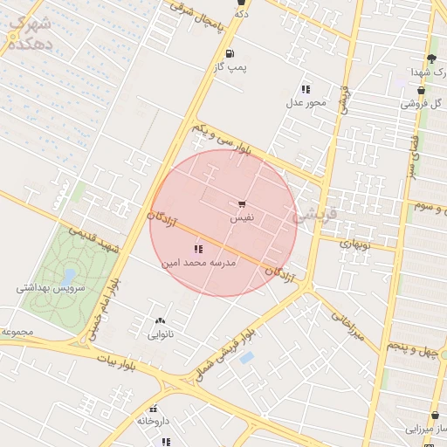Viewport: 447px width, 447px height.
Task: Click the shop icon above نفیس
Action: point(242,204)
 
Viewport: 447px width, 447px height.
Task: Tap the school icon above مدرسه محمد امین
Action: point(198,250)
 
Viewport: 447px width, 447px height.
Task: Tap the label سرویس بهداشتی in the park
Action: point(51,287)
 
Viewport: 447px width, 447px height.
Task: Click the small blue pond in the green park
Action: point(68,278)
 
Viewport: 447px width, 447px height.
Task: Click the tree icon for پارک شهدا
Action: point(430,58)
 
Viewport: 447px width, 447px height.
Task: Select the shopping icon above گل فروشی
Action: point(422,90)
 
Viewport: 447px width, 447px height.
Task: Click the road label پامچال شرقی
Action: point(197,18)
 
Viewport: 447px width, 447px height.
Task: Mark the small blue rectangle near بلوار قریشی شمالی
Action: point(247,358)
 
